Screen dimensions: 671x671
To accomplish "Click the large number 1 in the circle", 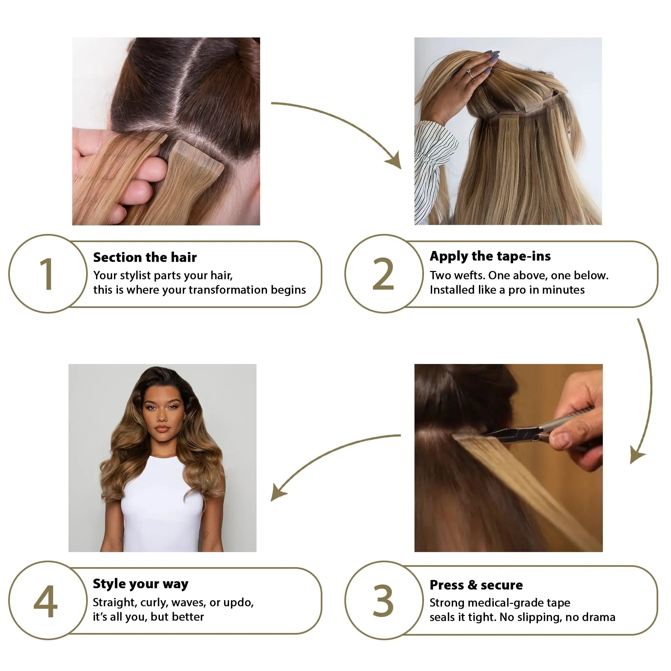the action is (x=47, y=274).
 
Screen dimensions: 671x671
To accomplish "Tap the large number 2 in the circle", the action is (x=383, y=274).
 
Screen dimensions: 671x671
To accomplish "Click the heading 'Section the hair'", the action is (x=145, y=257).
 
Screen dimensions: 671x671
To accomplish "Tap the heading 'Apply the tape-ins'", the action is (x=490, y=256).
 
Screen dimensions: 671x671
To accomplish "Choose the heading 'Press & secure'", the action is (x=476, y=585).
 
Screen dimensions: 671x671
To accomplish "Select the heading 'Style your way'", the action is (x=140, y=584).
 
